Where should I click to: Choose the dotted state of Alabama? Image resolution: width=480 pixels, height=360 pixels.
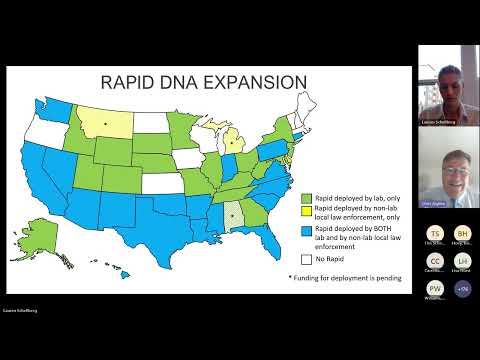(233, 213)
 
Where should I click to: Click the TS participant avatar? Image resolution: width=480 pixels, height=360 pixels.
(434, 232)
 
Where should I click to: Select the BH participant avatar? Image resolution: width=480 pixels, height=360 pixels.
(462, 232)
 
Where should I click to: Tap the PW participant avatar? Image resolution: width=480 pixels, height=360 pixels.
(434, 288)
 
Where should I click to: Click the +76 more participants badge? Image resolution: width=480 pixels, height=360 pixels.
(462, 288)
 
